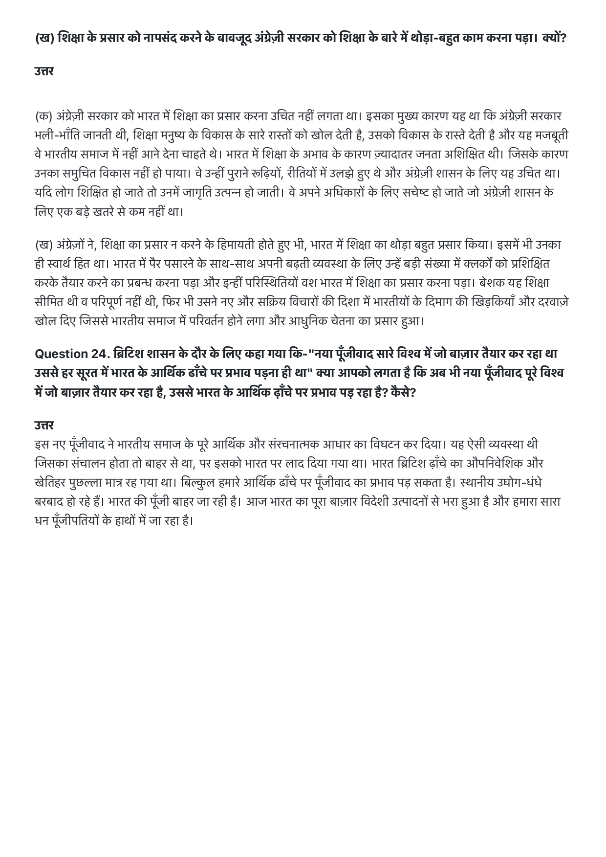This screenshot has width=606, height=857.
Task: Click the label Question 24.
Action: coord(71,354)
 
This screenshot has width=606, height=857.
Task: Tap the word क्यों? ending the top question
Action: coord(554,38)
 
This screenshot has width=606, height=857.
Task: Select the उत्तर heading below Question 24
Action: coord(44,425)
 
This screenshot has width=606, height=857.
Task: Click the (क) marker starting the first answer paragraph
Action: coord(44,116)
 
